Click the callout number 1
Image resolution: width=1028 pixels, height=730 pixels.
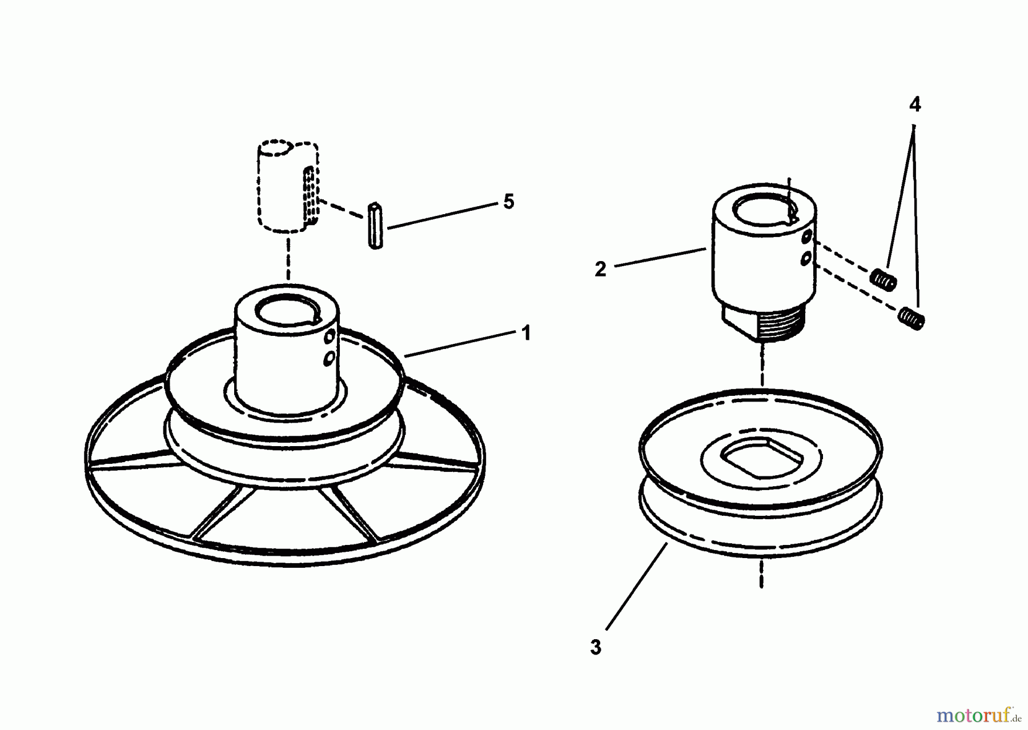click(x=526, y=333)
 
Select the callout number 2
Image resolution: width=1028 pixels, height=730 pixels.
click(x=600, y=269)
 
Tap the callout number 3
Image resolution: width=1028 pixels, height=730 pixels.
click(x=596, y=648)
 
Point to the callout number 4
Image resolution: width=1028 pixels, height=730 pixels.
click(x=914, y=105)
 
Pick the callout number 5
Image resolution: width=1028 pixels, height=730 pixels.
click(x=508, y=202)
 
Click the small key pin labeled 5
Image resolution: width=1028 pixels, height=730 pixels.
click(x=375, y=225)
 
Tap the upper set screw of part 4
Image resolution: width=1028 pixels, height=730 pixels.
click(x=884, y=279)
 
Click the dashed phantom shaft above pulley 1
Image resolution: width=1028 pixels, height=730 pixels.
click(x=286, y=186)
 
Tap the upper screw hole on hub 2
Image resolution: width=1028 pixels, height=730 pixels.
click(x=806, y=236)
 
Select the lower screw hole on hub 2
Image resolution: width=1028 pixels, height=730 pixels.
click(x=806, y=259)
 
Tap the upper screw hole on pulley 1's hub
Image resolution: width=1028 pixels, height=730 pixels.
click(x=329, y=338)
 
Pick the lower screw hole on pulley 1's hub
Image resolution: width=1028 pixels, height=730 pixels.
click(x=328, y=359)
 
